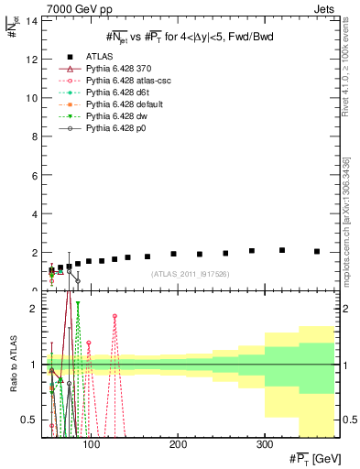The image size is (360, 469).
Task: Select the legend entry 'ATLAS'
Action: tap(99, 55)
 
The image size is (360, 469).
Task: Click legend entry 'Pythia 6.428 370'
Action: tap(123, 68)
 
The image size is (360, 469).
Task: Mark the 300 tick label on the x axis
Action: tap(264, 444)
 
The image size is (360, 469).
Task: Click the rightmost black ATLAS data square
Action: tap(316, 251)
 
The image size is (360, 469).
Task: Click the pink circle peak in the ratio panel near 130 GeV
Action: tap(115, 316)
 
